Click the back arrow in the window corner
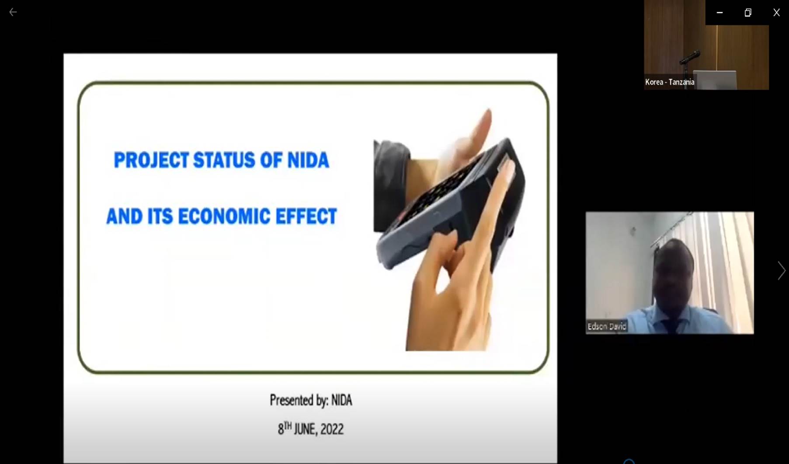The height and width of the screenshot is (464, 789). (x=13, y=12)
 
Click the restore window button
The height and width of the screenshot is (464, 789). (x=748, y=13)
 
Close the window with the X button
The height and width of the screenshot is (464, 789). (x=776, y=13)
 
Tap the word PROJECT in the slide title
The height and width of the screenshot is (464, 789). (x=151, y=160)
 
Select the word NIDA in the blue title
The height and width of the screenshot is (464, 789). (x=308, y=160)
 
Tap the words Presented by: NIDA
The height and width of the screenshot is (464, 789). (x=311, y=400)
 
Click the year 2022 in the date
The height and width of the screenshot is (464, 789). (x=332, y=429)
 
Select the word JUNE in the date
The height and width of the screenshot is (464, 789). (x=305, y=429)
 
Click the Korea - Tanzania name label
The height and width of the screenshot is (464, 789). (x=670, y=82)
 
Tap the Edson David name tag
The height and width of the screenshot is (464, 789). (x=607, y=326)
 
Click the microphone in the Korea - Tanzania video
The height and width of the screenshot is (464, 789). (x=690, y=57)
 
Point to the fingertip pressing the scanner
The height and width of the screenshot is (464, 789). (x=506, y=166)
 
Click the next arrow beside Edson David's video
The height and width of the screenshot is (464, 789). (x=781, y=271)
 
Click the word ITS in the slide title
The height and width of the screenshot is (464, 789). (x=160, y=216)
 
